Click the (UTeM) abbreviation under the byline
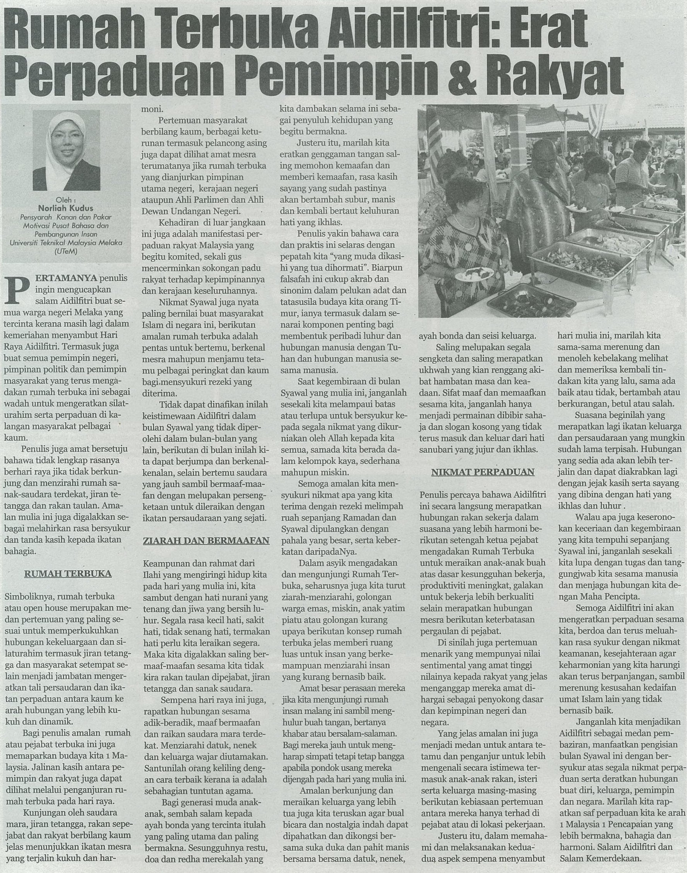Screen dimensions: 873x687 (66, 251)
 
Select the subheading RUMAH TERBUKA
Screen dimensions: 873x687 (68, 574)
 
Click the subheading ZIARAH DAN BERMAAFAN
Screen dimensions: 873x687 (206, 540)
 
